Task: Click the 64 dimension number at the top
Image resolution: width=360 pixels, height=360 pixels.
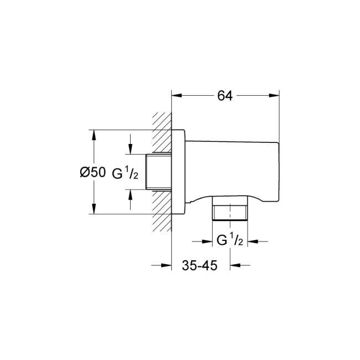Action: pos(224,96)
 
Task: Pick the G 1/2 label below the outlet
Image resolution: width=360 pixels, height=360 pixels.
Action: pos(229,241)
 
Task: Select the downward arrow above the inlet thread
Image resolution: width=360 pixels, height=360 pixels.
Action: pos(130,148)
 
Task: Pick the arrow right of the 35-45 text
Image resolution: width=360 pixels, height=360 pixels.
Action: pos(235,265)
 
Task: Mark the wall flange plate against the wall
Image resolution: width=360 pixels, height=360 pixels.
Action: pos(178,171)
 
